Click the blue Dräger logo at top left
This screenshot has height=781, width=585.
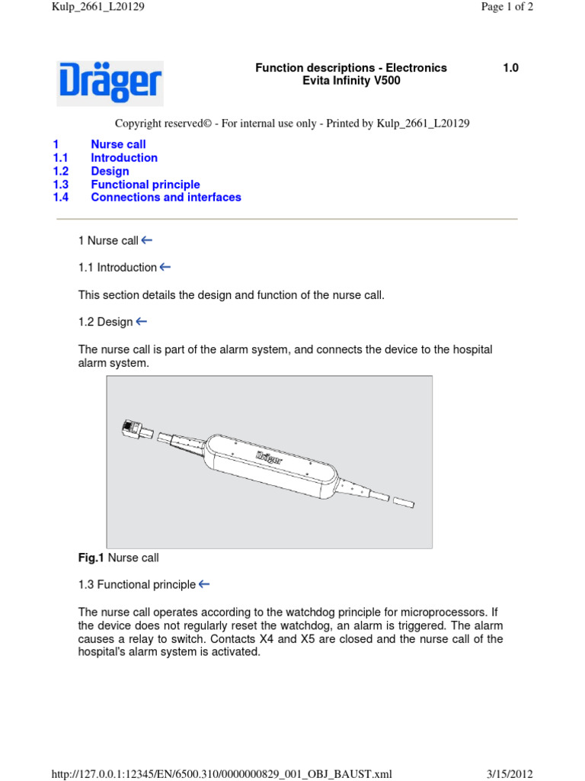110,82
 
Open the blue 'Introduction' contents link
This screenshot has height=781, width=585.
124,158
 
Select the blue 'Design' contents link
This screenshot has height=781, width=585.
110,171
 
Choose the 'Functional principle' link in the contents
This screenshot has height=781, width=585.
145,185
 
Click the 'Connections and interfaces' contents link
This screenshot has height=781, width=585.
166,198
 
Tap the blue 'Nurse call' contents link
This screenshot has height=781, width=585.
118,144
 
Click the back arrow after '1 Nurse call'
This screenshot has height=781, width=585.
147,240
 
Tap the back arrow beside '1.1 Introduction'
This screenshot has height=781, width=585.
165,267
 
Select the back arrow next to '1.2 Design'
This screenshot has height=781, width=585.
142,322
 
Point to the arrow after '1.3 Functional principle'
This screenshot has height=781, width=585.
204,584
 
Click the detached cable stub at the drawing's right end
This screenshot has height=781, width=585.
404,503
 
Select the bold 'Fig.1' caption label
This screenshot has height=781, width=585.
91,558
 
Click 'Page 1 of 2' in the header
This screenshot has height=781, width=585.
507,7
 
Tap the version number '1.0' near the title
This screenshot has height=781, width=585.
510,68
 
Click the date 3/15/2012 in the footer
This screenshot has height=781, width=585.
510,774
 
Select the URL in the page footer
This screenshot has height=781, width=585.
222,774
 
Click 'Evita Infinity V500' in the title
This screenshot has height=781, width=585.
351,81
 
